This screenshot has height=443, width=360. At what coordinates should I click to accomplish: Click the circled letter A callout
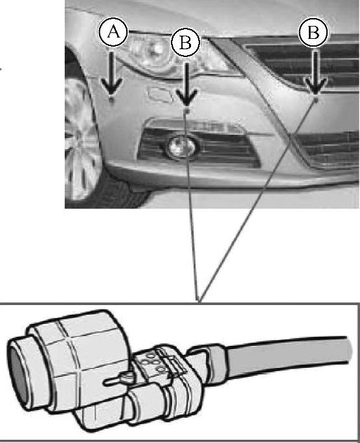pos(113,32)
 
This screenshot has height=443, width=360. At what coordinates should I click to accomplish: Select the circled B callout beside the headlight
pos(186,43)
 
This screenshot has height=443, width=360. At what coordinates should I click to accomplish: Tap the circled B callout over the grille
pos(313,32)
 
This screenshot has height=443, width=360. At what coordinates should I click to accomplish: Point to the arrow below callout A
pos(111,73)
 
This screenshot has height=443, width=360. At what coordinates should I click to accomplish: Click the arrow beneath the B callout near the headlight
pos(186,84)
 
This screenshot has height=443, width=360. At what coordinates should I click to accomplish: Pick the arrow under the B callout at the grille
pos(316,73)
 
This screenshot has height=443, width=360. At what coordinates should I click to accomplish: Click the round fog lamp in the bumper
pos(181,146)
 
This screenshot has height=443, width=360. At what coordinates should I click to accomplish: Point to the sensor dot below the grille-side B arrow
pos(316,99)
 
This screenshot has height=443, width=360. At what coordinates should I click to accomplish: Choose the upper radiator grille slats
pos(302,64)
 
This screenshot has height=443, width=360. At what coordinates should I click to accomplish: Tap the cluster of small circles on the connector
pos(152,361)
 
